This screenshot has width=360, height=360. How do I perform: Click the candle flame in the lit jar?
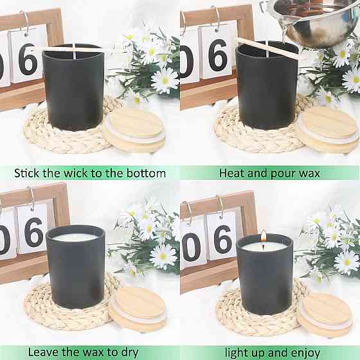pyautogui.click(x=264, y=237)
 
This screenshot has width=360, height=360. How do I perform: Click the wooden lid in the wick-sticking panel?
pyautogui.click(x=134, y=130)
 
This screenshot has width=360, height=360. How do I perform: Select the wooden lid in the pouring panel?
pyautogui.click(x=328, y=129)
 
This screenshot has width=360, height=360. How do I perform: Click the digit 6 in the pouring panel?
pyautogui.click(x=218, y=55)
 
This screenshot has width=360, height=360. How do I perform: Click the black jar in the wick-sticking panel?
pyautogui.click(x=73, y=87)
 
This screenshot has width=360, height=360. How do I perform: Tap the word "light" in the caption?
pyautogui.click(x=237, y=353)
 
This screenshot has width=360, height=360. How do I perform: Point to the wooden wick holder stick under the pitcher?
pyautogui.click(x=267, y=48)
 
